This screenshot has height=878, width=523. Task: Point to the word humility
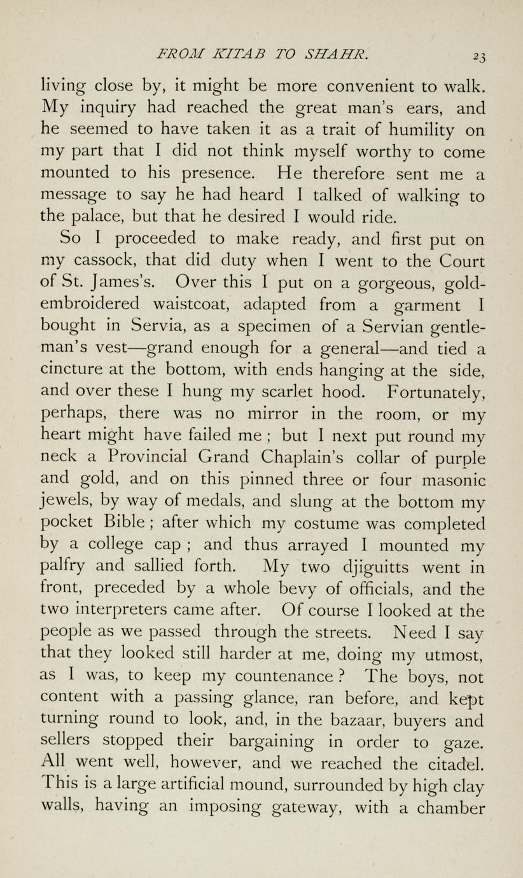(414, 130)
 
